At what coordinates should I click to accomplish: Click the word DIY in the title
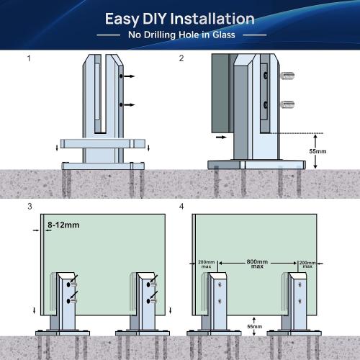155,19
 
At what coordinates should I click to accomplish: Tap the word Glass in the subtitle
224,35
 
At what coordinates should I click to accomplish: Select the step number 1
29,58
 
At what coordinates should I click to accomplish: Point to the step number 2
181,58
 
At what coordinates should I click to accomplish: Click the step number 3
30,207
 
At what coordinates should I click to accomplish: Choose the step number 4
181,207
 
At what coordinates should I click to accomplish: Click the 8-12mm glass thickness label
63,225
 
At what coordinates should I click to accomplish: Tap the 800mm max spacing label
257,264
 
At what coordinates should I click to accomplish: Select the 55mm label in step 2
318,151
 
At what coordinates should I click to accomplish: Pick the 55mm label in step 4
255,326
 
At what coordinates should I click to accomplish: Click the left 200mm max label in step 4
206,264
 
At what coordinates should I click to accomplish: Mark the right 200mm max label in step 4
307,264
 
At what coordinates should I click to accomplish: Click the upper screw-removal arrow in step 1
130,76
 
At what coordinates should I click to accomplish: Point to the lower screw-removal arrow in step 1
130,105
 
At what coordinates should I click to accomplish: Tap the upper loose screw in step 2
287,76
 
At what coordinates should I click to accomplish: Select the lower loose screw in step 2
287,104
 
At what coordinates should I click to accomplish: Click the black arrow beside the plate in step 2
221,138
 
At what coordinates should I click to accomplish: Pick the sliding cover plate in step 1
103,143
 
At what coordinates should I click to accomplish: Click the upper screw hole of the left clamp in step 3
68,285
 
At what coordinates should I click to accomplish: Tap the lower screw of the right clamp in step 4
300,301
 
